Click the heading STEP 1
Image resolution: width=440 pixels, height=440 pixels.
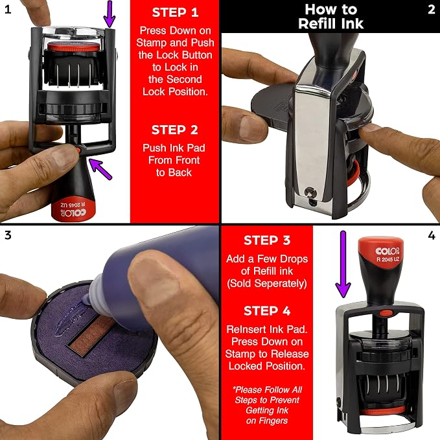tap(175, 12)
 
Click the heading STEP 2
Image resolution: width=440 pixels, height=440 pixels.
tap(174, 130)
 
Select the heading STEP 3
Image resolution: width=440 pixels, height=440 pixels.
tap(267, 240)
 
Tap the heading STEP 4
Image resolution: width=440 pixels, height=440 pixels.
tap(267, 311)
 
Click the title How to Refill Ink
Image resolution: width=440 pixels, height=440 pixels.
tap(330, 16)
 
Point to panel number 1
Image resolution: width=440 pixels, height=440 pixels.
tap(8, 10)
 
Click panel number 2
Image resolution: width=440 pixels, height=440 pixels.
tap(432, 10)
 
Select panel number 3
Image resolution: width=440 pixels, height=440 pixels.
tap(8, 235)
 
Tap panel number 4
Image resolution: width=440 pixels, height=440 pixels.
tap(432, 235)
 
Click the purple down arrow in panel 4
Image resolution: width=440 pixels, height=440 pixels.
tap(343, 264)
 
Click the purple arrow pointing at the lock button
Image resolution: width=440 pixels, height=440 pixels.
tap(100, 168)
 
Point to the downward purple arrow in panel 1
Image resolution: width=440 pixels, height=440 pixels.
tap(110, 14)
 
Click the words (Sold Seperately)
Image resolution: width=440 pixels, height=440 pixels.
tap(267, 283)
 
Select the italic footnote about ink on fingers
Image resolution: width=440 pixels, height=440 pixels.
tap(267, 405)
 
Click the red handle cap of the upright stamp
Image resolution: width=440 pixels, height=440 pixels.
tap(381, 249)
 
